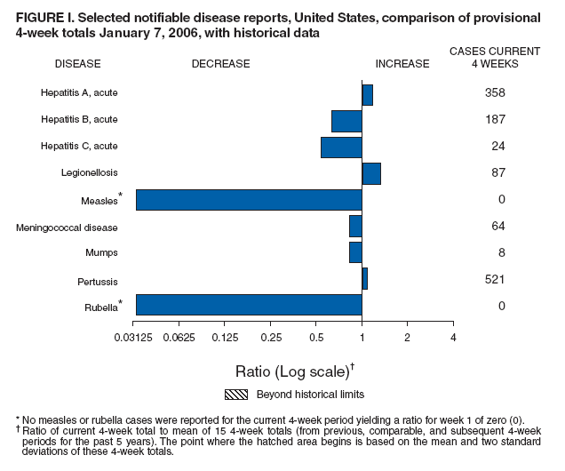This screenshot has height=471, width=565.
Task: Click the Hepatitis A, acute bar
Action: click(367, 94)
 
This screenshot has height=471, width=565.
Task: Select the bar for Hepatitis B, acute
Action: click(346, 121)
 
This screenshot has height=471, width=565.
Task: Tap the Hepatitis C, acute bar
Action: click(341, 148)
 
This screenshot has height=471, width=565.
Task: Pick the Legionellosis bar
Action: click(371, 173)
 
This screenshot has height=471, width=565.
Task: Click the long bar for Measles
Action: click(249, 200)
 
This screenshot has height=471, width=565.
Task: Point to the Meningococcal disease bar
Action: click(355, 227)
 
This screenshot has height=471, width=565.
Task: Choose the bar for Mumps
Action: click(355, 252)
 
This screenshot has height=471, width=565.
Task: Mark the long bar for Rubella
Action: click(249, 305)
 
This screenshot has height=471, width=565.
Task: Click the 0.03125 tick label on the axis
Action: click(136, 338)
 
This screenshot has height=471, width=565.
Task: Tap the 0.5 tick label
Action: click(316, 338)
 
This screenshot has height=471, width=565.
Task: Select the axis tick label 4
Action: click(453, 338)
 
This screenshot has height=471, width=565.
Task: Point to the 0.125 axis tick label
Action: click(226, 338)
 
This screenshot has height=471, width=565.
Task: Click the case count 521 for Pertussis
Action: click(495, 279)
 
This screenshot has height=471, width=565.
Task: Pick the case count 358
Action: click(495, 92)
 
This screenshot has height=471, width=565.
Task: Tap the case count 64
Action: click(497, 227)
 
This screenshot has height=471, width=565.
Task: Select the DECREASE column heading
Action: click(220, 64)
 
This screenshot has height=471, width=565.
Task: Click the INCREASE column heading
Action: click(402, 64)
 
